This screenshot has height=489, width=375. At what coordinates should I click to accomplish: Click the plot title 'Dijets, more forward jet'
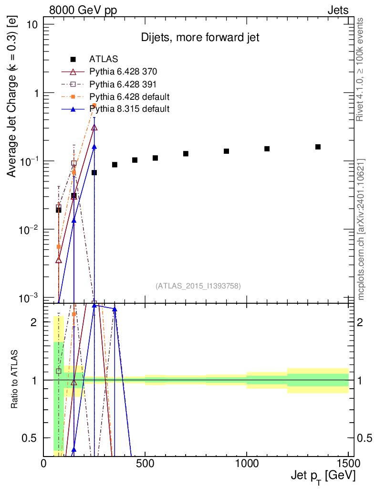200,38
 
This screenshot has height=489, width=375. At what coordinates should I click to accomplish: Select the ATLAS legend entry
104,59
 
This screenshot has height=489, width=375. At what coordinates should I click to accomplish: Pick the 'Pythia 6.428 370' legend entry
123,72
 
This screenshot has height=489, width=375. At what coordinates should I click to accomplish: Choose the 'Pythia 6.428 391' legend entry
123,84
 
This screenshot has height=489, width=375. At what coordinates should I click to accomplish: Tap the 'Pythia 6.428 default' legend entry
129,96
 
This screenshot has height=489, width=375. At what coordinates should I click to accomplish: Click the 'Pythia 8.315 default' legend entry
129,109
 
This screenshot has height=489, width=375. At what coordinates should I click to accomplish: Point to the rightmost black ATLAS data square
318,147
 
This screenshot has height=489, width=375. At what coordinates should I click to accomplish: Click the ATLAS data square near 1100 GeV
267,149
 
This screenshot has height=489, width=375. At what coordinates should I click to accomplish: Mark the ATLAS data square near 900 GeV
227,151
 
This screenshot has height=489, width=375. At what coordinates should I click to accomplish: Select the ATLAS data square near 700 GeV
186,154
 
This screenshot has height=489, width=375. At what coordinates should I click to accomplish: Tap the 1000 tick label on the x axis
247,463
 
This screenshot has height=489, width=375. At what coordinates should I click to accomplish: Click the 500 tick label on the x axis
146,463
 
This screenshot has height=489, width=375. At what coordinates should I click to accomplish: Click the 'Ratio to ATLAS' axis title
15,380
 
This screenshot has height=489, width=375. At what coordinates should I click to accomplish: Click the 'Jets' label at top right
338,10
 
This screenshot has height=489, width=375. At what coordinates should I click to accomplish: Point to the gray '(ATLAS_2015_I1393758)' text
198,286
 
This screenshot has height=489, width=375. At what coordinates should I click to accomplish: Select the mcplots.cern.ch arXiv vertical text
361,229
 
